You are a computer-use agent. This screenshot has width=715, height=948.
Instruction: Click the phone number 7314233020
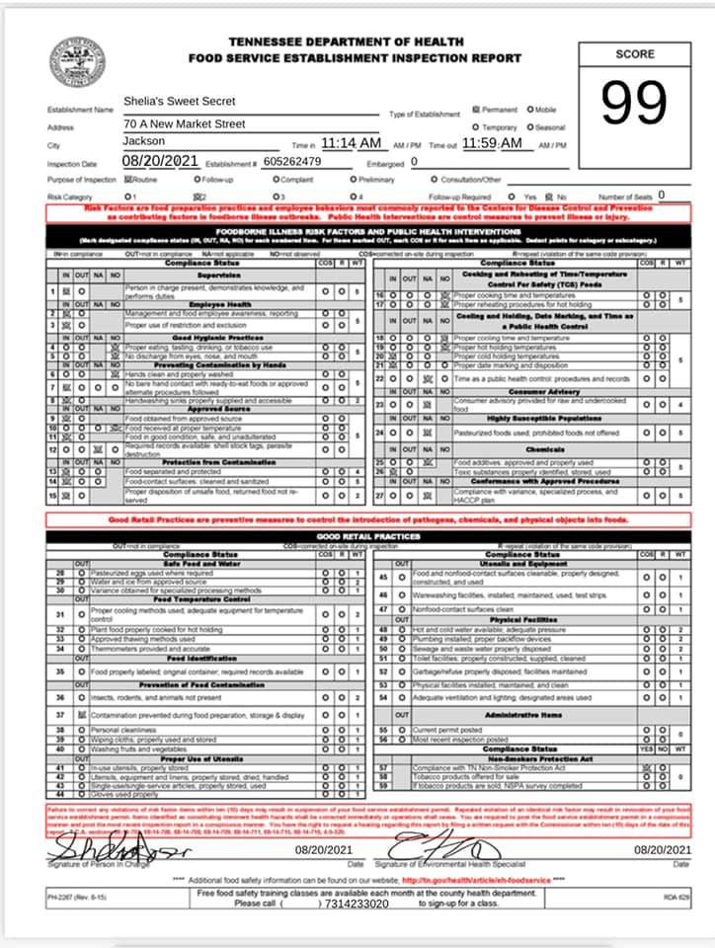pyautogui.click(x=356, y=903)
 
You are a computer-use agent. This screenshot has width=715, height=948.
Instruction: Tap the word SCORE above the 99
pyautogui.click(x=635, y=54)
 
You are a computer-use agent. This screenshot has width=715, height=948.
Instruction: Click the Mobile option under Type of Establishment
pyautogui.click(x=543, y=110)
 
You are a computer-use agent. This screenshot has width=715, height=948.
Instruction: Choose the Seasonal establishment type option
pyautogui.click(x=545, y=127)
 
